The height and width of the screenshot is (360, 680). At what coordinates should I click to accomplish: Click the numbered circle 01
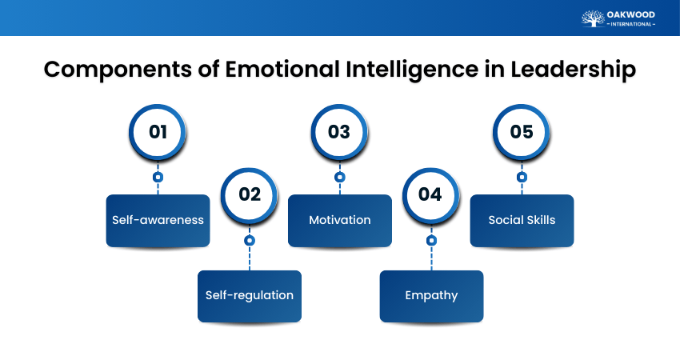(x=158, y=131)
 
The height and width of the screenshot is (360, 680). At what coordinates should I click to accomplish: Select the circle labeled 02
(x=249, y=194)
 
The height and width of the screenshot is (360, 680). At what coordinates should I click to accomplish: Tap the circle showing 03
(x=339, y=131)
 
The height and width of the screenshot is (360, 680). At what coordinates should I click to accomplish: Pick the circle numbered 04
(x=430, y=194)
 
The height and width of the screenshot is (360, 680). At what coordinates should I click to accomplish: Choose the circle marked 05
(x=522, y=131)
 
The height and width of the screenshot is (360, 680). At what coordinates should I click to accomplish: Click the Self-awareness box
(x=158, y=220)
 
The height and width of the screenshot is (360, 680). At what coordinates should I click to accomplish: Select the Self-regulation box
(x=249, y=295)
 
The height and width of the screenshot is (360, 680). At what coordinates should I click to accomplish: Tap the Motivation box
(x=339, y=220)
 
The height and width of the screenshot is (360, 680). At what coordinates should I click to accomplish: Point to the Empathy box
(x=430, y=295)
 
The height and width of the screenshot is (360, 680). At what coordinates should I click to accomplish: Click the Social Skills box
(x=522, y=220)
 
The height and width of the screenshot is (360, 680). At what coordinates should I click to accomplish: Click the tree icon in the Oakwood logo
(x=593, y=18)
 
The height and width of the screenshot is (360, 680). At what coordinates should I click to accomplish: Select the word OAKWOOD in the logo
(x=631, y=14)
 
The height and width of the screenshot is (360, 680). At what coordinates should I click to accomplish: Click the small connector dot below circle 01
(x=158, y=177)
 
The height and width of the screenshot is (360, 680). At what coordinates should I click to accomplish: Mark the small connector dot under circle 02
(x=249, y=240)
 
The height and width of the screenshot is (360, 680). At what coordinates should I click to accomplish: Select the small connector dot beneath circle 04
(x=430, y=240)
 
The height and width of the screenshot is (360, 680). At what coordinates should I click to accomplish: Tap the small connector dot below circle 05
(x=522, y=177)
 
